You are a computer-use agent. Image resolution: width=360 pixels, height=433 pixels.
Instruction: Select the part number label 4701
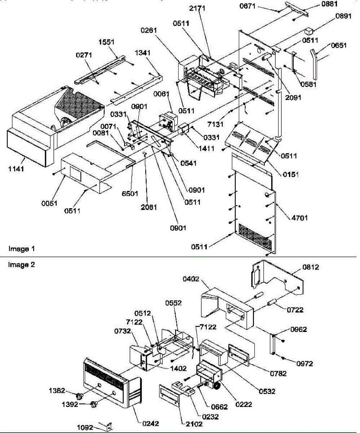(298, 218)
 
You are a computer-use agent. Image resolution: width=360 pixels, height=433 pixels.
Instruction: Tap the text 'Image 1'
(21, 249)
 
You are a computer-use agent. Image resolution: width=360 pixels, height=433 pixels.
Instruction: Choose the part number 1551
(106, 42)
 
